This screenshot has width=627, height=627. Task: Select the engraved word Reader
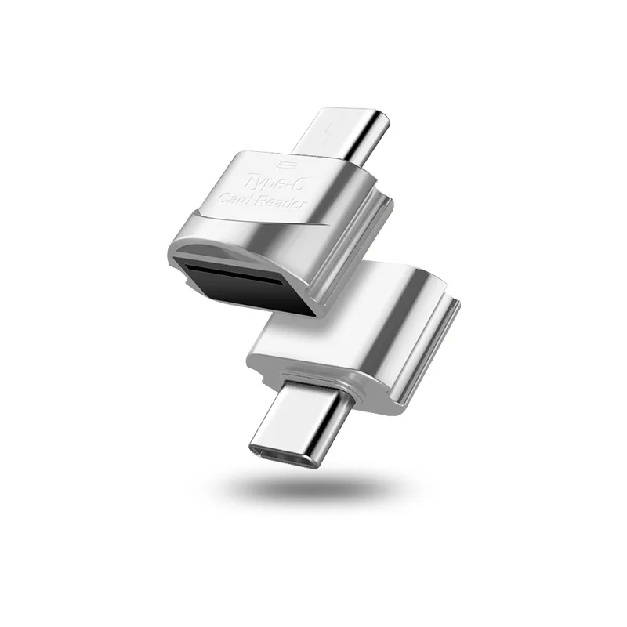(285, 208)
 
